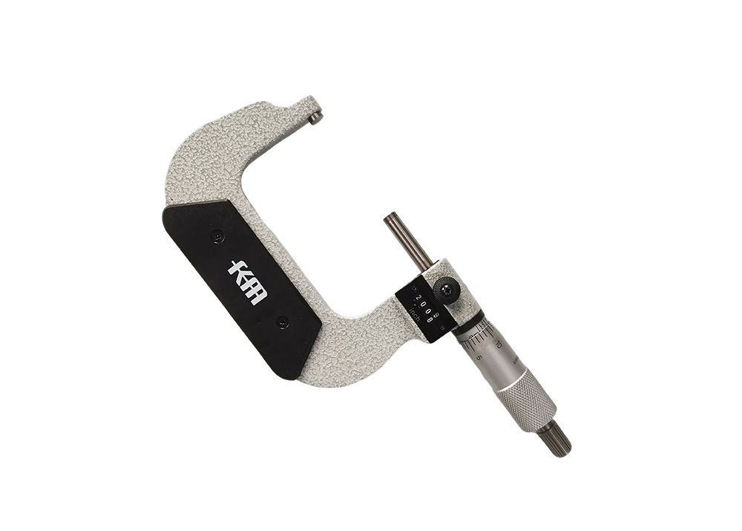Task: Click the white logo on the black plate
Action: [247, 282]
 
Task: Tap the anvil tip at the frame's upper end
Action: [317, 117]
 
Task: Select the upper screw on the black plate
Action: [217, 236]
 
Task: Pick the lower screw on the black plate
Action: [282, 322]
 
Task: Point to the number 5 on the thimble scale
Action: [480, 357]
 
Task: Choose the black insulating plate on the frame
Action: [240, 287]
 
